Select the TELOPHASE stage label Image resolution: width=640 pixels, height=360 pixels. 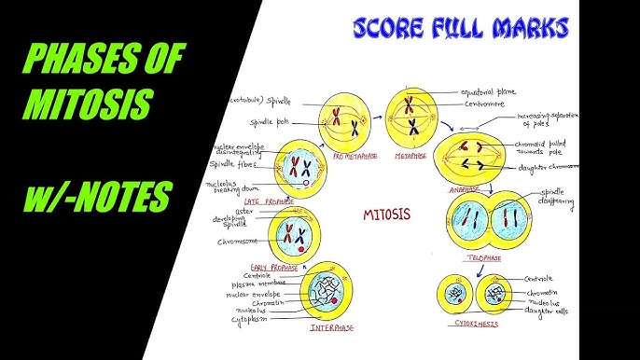(478, 256)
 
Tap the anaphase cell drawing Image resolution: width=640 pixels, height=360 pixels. (478, 153)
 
